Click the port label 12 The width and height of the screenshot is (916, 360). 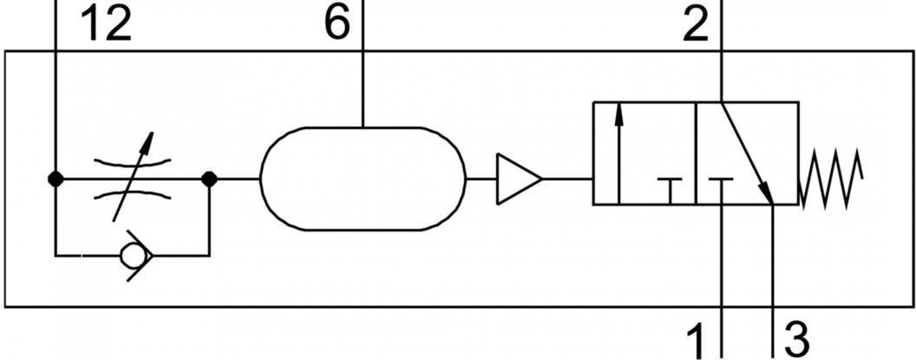pyautogui.click(x=106, y=25)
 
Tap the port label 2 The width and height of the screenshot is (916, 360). pyautogui.click(x=696, y=25)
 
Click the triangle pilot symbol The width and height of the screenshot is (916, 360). pyautogui.click(x=519, y=179)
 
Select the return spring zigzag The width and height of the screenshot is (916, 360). pyautogui.click(x=831, y=179)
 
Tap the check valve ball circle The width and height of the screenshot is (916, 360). pyautogui.click(x=134, y=256)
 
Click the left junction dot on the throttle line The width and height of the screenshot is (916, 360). pyautogui.click(x=55, y=179)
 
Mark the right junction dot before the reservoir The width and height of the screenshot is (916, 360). pyautogui.click(x=209, y=179)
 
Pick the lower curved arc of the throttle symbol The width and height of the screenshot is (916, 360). pyautogui.click(x=132, y=193)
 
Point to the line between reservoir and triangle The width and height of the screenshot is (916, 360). pyautogui.click(x=481, y=179)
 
